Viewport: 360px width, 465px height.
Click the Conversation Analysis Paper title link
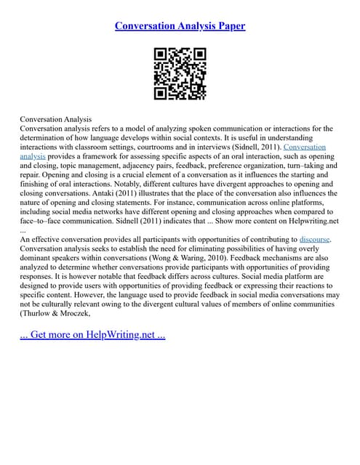(180, 26)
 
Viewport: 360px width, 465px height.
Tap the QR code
(180, 73)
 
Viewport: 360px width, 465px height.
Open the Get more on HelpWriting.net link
(93, 337)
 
